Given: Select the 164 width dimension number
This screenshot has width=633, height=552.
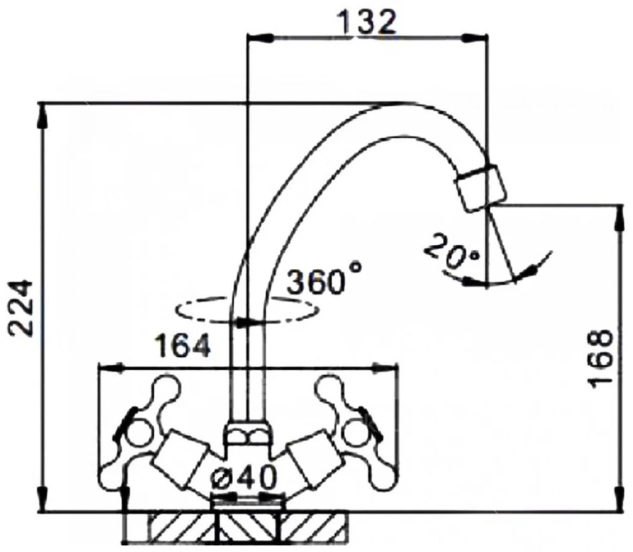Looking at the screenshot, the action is click(184, 345).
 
